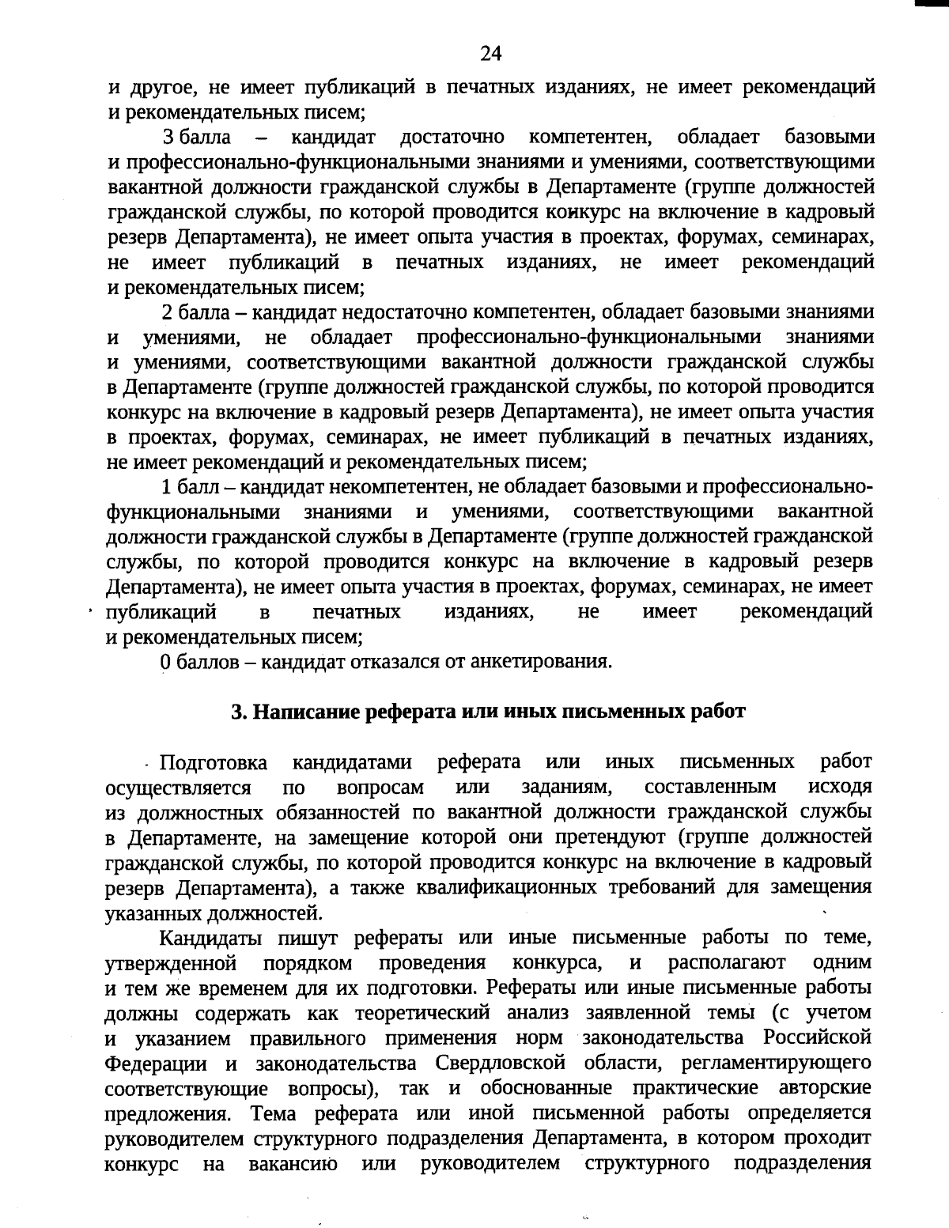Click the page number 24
click(x=490, y=54)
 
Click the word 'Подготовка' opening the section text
click(x=214, y=763)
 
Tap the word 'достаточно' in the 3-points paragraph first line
click(x=453, y=138)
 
